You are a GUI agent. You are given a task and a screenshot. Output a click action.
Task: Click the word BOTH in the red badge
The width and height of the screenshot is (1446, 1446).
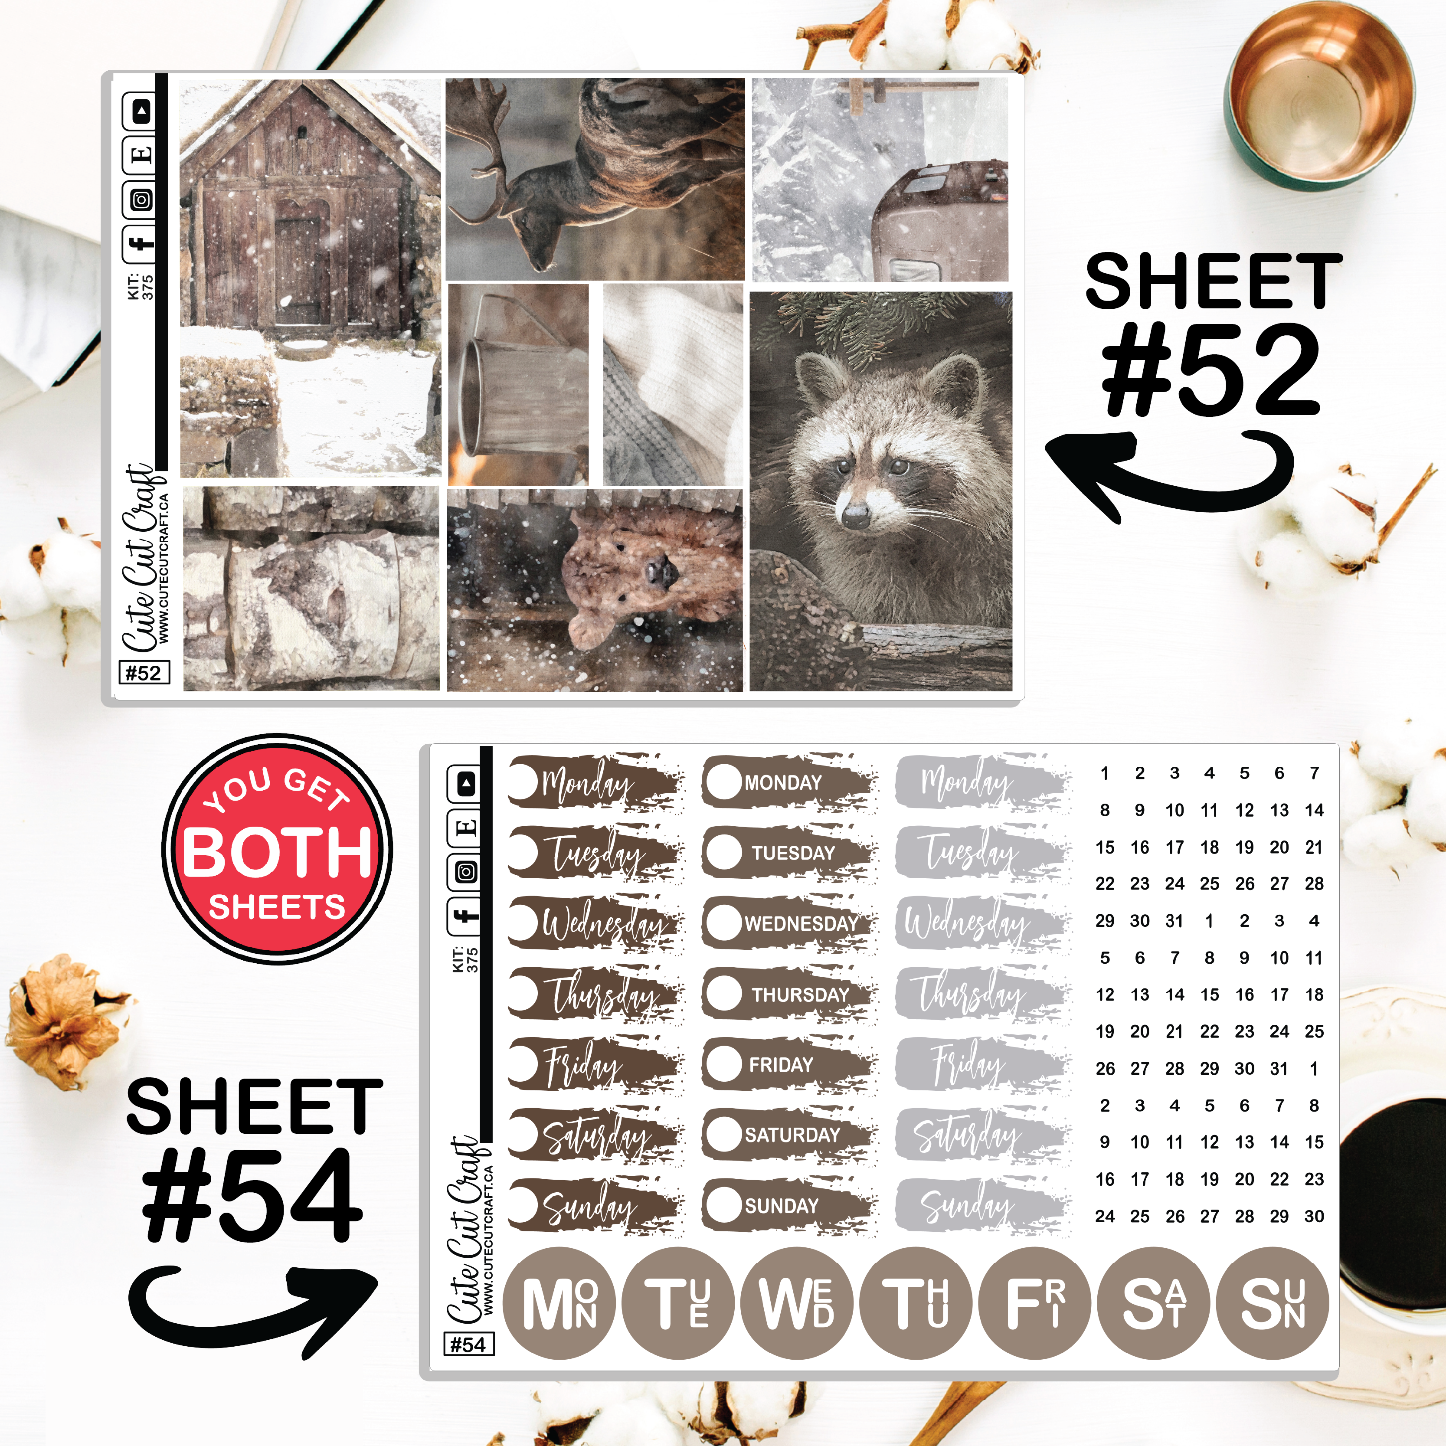(x=277, y=852)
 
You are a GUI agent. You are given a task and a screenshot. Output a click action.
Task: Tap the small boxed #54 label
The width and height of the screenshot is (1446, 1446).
(x=468, y=1345)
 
